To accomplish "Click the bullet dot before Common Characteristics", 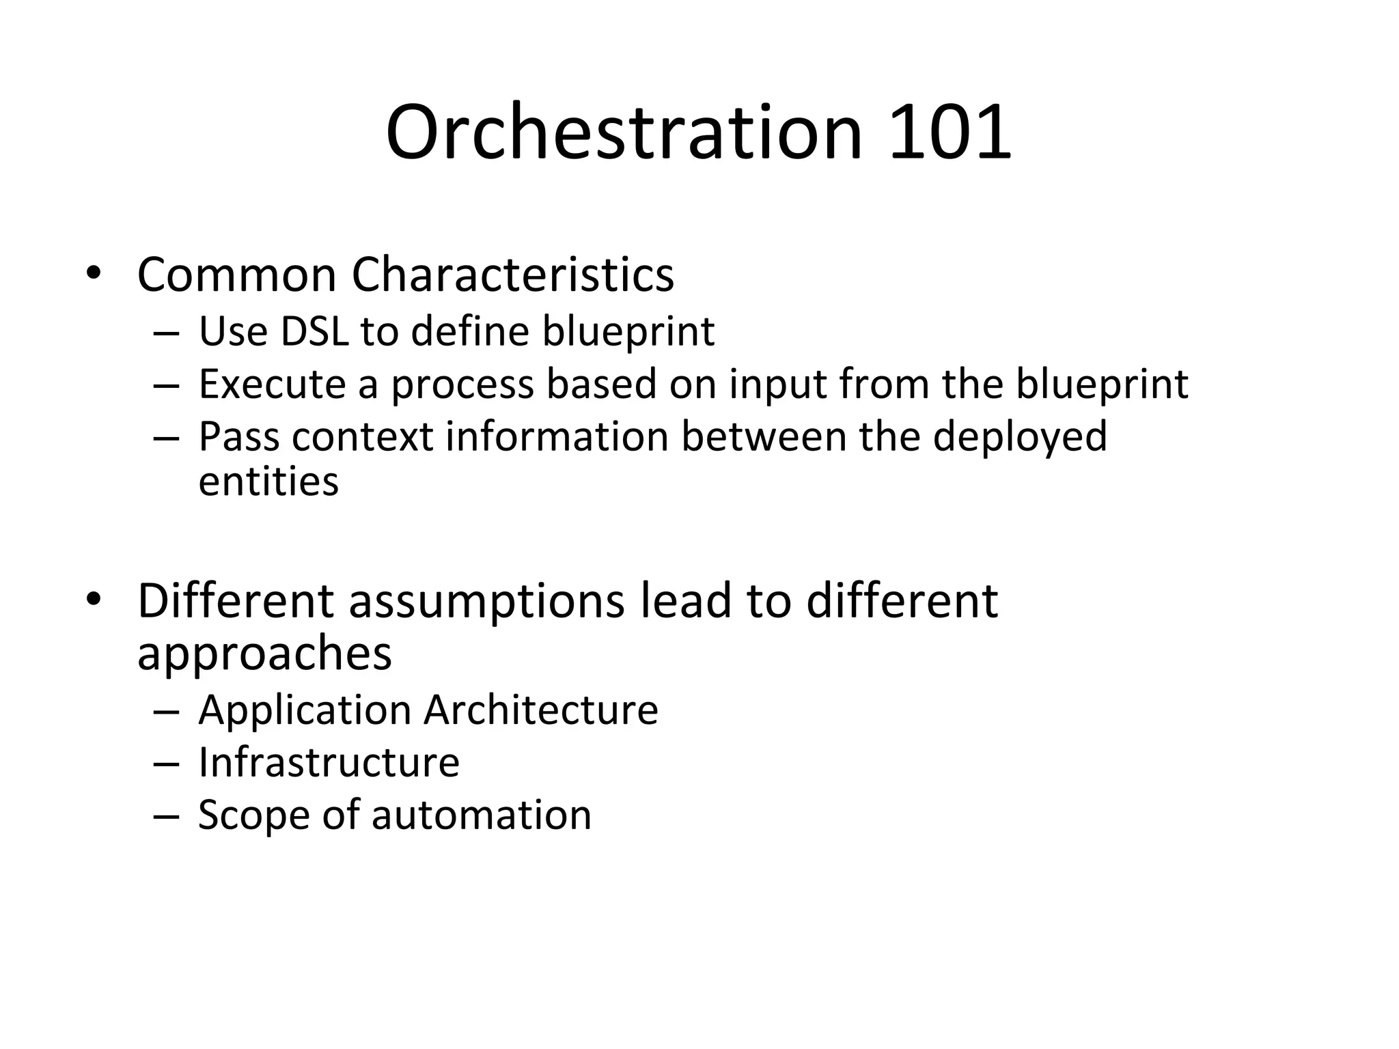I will click(94, 273).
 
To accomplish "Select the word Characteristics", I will click(512, 275).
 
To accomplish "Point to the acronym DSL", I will click(314, 331).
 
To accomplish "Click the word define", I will click(470, 331).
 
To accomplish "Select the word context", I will click(362, 436).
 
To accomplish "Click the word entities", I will click(268, 481).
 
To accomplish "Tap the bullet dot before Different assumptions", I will click(94, 599).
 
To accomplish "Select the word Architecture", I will click(540, 710).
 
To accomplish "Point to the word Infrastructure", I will click(329, 762).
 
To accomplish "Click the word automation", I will click(481, 815).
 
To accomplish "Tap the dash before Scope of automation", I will click(166, 816).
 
